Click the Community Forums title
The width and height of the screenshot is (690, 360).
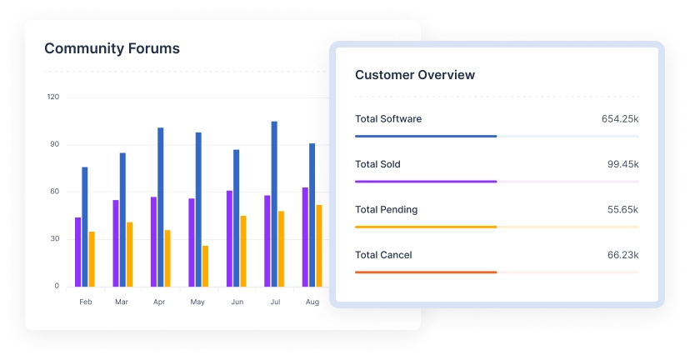[112, 48]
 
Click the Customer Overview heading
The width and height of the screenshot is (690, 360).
[415, 75]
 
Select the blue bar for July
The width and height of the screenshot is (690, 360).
[274, 203]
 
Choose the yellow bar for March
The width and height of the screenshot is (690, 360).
[129, 254]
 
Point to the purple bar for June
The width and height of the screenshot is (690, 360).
[229, 238]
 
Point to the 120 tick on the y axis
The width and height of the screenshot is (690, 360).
[53, 97]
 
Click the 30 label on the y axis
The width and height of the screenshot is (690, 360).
[55, 239]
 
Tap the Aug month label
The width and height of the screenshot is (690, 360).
[312, 302]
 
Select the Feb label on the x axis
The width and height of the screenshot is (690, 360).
[85, 302]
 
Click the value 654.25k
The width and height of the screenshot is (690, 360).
[620, 119]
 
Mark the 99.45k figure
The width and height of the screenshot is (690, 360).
[622, 164]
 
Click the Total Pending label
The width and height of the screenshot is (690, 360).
[386, 210]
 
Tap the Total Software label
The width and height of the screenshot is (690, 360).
[388, 119]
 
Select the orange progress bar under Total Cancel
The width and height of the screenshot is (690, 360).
[426, 272]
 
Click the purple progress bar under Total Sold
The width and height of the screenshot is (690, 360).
[426, 181]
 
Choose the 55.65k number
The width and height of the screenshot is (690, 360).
[622, 210]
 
